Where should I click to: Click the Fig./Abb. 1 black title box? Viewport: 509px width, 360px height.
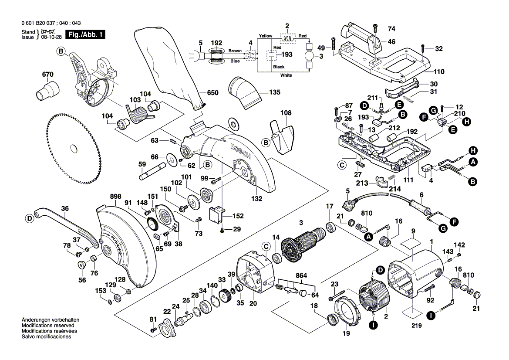coord(84,35)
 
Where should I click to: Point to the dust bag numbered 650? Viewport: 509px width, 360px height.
coord(170,65)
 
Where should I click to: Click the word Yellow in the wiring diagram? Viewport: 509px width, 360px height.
coord(265,35)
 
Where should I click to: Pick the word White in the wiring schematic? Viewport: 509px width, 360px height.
coord(286,75)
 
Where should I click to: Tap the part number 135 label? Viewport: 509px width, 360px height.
coord(275,92)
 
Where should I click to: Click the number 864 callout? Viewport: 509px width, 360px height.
coord(301,276)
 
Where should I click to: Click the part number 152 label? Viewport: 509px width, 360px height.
coord(238,216)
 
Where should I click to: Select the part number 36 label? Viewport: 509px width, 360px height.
coord(64,209)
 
